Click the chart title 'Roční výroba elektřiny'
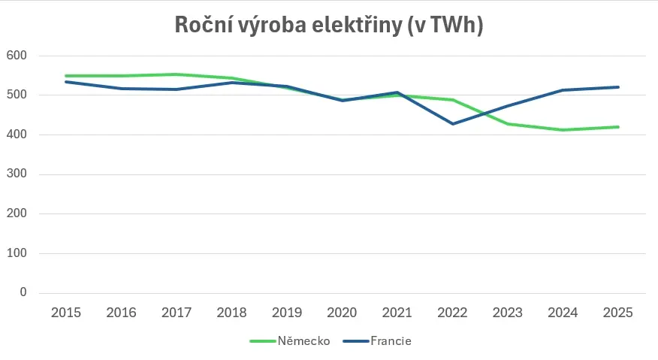click(288, 26)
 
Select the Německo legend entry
click(290, 340)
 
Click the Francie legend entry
click(377, 340)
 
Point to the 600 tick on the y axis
click(17, 56)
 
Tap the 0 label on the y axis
click(23, 292)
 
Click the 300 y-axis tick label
click(17, 174)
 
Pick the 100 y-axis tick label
click(17, 253)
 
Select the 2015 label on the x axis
click(66, 313)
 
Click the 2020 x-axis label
click(342, 313)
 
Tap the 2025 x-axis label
click(617, 313)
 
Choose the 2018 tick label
click(231, 313)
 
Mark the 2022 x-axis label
click(452, 313)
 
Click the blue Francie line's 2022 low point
click(452, 124)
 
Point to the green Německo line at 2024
click(563, 130)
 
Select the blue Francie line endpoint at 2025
click(617, 87)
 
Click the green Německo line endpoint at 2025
click(617, 127)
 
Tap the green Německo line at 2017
click(177, 74)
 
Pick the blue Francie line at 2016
click(121, 89)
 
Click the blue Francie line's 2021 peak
click(397, 92)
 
